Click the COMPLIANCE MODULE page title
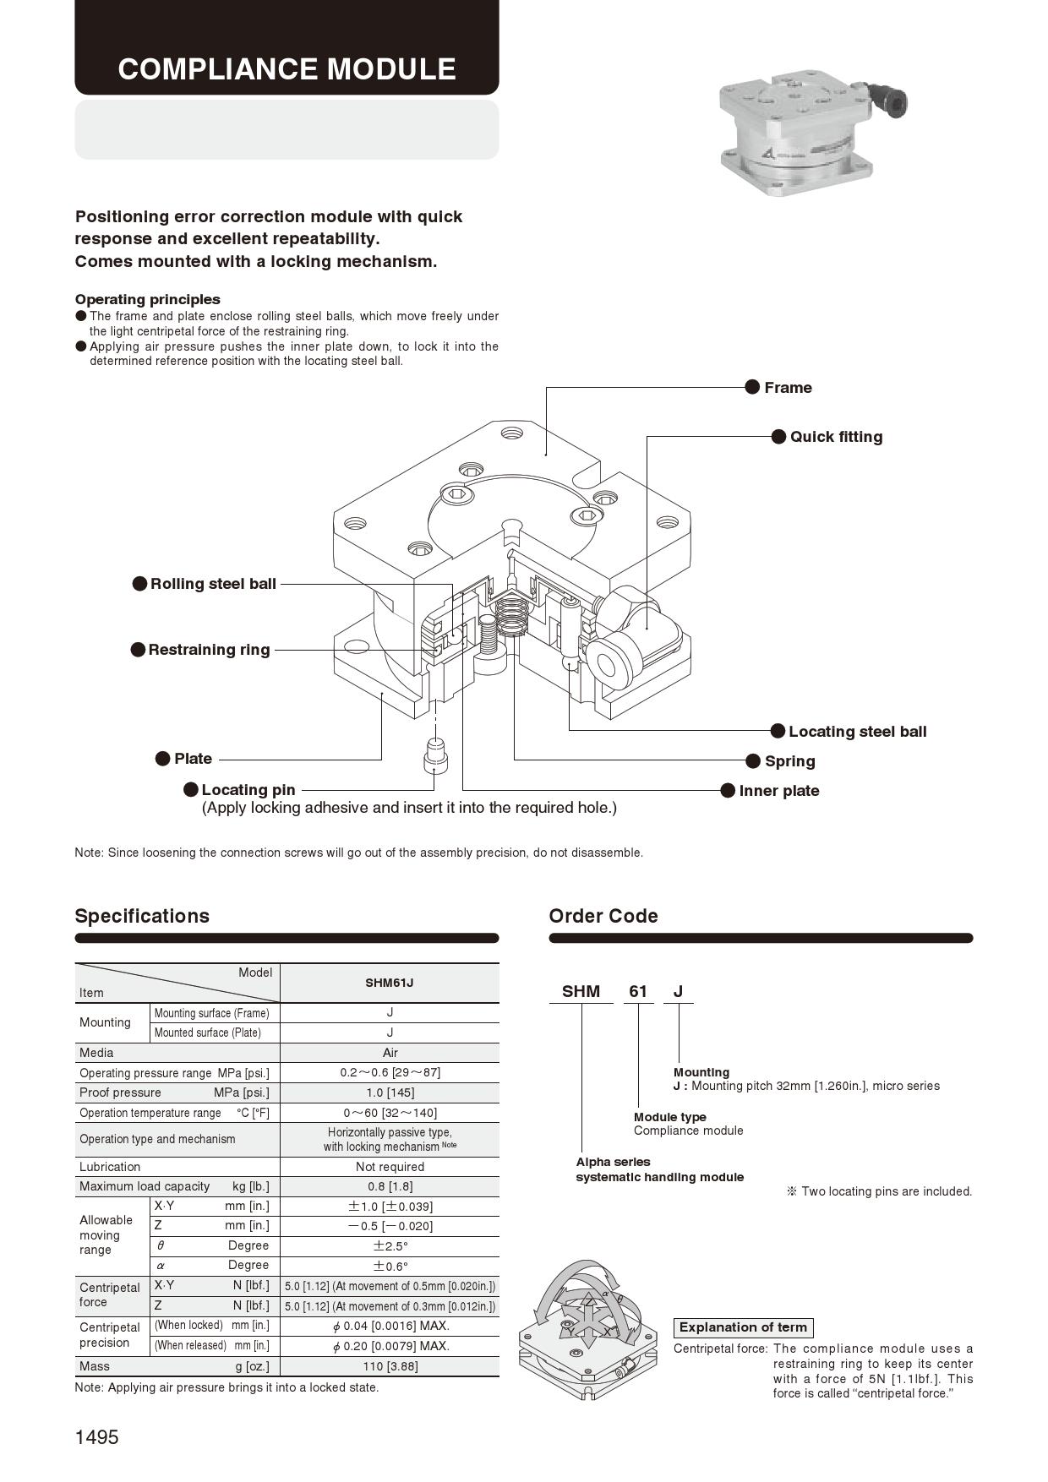pos(287,68)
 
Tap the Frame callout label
pos(787,388)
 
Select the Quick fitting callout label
pos(835,437)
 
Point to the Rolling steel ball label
pos(212,584)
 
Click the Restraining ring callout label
pos(208,650)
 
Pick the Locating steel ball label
pos(856,732)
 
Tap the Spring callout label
pos(789,761)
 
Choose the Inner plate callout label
pos(778,791)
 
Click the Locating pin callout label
pos(248,790)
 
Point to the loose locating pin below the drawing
pos(434,755)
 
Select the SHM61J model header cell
pos(389,983)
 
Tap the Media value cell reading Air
pos(390,1053)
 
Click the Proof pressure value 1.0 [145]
pos(390,1092)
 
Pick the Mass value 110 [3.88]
pos(390,1366)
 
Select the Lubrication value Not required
pos(390,1167)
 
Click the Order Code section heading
pos(603,916)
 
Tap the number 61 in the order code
pos(638,991)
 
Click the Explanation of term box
pos(743,1327)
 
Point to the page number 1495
pos(97,1437)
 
